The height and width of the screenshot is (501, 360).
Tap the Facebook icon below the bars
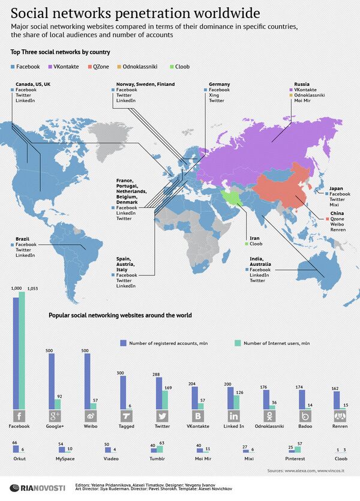[x=19, y=416]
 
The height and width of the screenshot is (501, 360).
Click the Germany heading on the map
[x=220, y=85]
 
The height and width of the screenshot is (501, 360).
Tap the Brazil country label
[x=22, y=239]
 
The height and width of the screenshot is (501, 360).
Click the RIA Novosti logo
[x=33, y=487]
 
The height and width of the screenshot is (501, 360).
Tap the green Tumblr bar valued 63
[x=160, y=449]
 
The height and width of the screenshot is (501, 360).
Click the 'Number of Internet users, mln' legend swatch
[x=237, y=343]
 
